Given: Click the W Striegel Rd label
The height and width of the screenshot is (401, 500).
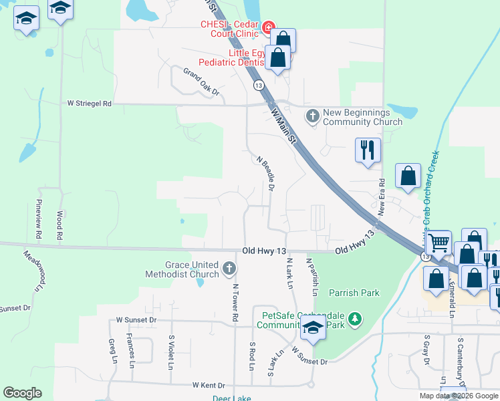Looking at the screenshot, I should click(x=90, y=104).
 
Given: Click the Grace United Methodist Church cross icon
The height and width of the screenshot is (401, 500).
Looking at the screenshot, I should click(x=229, y=269).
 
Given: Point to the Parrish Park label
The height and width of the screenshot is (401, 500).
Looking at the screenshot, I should click(x=354, y=293).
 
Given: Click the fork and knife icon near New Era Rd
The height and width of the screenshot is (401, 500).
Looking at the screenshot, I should click(x=367, y=150).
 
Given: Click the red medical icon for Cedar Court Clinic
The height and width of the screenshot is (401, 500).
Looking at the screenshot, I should click(x=268, y=27).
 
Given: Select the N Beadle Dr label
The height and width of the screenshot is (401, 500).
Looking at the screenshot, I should click(x=266, y=174).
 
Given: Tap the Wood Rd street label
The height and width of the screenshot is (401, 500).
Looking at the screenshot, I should click(x=59, y=225).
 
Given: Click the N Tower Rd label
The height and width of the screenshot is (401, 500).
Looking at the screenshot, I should click(x=235, y=303).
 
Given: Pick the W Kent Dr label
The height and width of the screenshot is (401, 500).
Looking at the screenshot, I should click(x=209, y=386).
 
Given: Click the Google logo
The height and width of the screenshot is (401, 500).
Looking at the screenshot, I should click(x=22, y=393).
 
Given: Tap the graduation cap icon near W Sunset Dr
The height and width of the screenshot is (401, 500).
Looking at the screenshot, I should click(x=312, y=327).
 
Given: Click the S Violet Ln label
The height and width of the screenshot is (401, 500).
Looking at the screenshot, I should click(x=171, y=352).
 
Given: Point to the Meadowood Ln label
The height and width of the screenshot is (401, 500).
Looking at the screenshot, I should click(x=33, y=271).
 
